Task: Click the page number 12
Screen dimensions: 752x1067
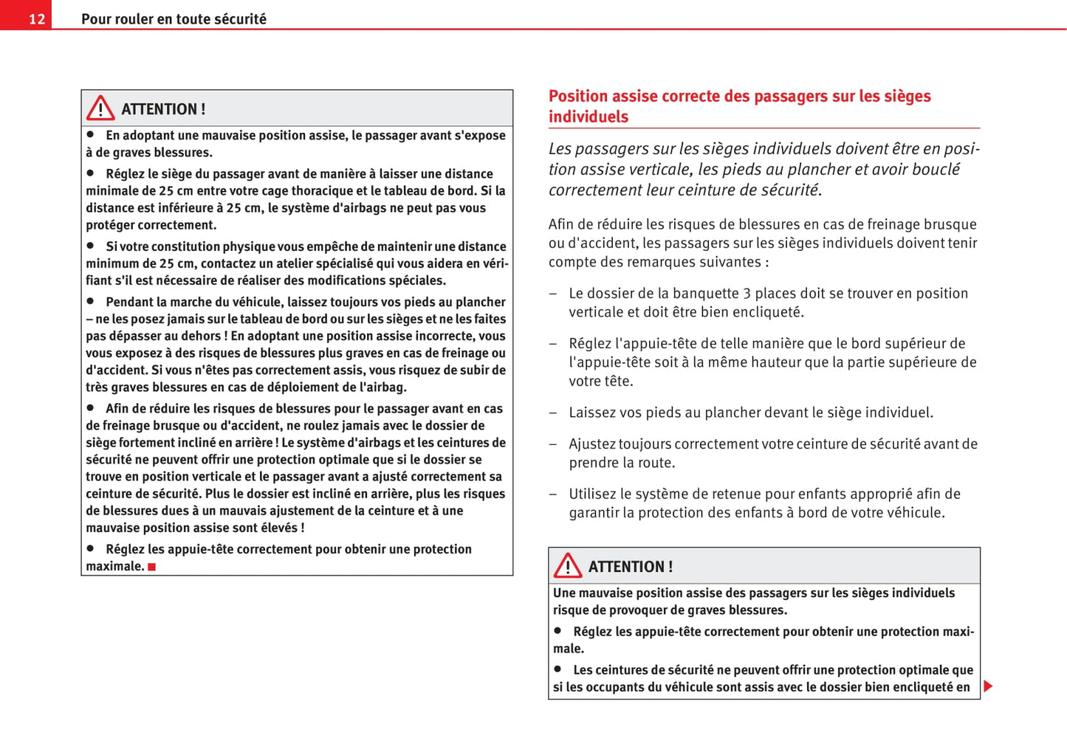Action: coord(37,19)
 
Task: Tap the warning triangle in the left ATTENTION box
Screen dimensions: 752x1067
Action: coord(100,108)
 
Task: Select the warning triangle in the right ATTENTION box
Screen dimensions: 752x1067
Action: coord(568,566)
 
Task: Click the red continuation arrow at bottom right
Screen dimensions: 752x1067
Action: coord(989,686)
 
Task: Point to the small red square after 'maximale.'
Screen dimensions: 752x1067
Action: coord(152,567)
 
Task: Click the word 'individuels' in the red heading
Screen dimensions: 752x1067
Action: coord(588,117)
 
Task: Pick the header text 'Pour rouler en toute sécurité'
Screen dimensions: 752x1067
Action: coord(174,19)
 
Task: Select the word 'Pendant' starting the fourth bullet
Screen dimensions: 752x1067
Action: coord(129,302)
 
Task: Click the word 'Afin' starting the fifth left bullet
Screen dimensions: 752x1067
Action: coord(117,408)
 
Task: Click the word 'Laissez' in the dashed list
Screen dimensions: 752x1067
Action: coord(592,413)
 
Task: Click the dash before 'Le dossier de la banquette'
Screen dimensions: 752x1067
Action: coord(553,294)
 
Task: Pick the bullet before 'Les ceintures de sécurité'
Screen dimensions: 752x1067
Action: coord(558,669)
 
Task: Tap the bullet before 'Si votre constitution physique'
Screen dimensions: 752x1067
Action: coord(91,246)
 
